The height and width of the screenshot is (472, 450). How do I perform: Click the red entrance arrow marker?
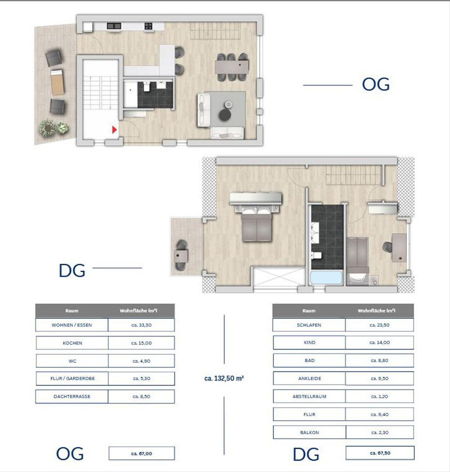pos(114,130)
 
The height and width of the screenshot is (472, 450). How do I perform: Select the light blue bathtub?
pos(326,278)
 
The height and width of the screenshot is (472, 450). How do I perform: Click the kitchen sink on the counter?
pos(114,26)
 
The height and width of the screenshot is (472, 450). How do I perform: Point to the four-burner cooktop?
pos(148,26)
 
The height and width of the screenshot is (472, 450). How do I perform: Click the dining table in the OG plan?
pos(232,67)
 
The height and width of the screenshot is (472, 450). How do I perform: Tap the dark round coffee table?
pos(225,115)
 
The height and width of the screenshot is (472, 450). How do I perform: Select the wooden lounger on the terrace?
pos(57,82)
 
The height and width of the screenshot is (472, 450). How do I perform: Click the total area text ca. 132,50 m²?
pos(224,378)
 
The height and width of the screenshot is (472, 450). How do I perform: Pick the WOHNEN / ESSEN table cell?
pos(72,325)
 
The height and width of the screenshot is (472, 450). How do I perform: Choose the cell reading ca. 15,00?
pos(141,343)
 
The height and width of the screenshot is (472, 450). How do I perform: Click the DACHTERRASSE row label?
pos(72,396)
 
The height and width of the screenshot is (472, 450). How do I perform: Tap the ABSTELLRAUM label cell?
pos(309,396)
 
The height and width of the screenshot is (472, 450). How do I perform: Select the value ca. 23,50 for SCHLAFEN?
pos(379,325)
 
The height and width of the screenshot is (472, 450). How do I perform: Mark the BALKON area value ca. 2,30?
pos(379,432)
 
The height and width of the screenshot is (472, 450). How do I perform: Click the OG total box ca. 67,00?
pos(142,454)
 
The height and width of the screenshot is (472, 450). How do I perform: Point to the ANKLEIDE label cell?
pos(309,378)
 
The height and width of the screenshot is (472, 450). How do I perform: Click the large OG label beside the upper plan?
pos(376,84)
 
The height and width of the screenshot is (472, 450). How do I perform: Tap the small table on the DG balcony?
pos(181,256)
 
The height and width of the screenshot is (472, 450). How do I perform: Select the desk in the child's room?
pos(399,248)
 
